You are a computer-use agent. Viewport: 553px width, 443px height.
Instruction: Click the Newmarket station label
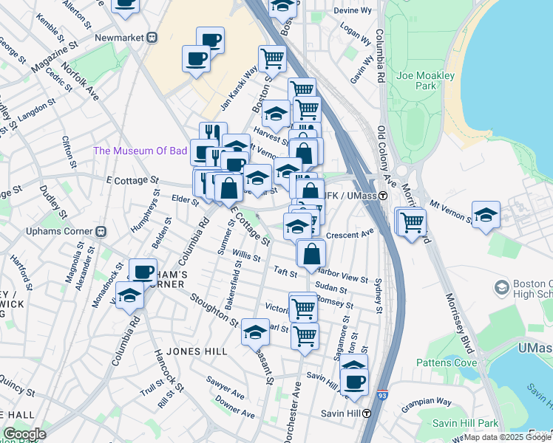(x=120, y=37)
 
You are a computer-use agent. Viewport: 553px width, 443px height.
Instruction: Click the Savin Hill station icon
(x=367, y=414)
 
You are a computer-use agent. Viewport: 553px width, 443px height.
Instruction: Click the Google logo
(x=24, y=435)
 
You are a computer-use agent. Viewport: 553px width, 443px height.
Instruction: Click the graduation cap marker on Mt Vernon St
(x=485, y=214)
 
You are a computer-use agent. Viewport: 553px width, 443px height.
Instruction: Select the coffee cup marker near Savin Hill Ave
(x=355, y=381)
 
